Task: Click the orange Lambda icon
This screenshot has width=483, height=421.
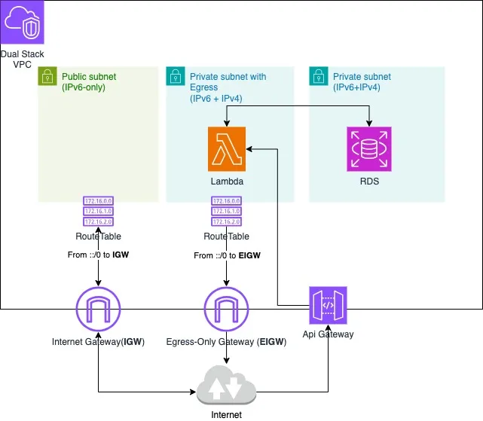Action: (x=227, y=149)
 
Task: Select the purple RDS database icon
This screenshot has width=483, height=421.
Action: (x=370, y=149)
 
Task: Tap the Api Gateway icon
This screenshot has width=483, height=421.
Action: (x=328, y=306)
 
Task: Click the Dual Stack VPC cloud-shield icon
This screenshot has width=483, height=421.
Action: (x=23, y=23)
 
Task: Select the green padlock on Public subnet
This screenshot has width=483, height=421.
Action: (x=47, y=76)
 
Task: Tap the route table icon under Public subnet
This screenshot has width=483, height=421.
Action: (x=99, y=212)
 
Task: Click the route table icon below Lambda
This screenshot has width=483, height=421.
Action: (x=227, y=212)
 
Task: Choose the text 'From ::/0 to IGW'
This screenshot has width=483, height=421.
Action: (x=99, y=255)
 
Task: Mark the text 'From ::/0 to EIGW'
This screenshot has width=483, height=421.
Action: (x=227, y=256)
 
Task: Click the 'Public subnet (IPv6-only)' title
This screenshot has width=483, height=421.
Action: (x=89, y=82)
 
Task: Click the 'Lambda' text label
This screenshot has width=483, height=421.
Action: (x=227, y=182)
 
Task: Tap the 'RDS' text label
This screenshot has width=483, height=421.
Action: (x=370, y=182)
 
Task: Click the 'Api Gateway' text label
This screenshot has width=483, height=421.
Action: (x=328, y=334)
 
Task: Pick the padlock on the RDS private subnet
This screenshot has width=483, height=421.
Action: (x=318, y=76)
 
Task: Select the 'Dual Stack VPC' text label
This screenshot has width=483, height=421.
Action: (x=23, y=59)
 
